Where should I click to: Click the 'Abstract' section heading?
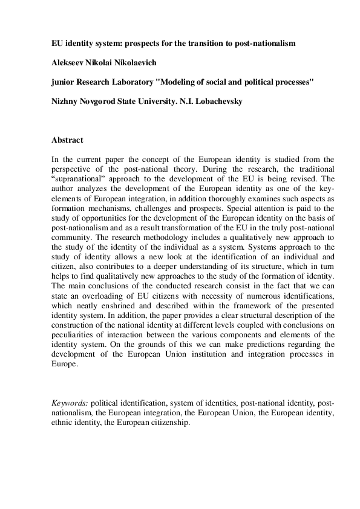[67, 140]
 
